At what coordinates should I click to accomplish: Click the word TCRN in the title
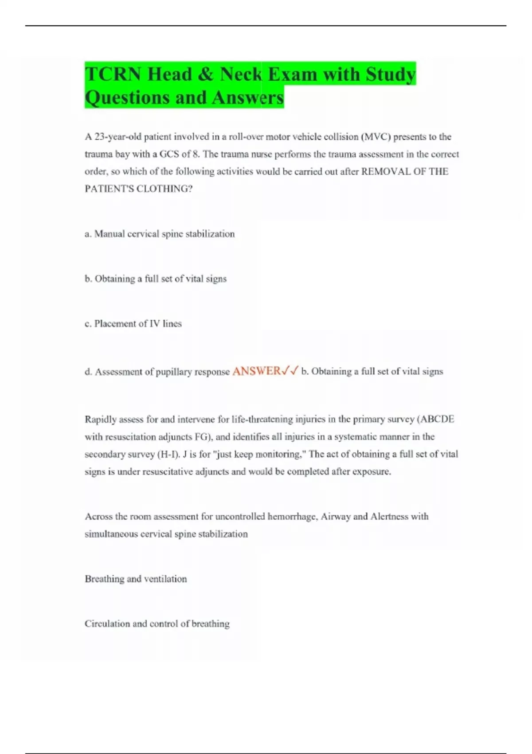point(113,74)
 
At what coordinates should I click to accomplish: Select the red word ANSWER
point(256,371)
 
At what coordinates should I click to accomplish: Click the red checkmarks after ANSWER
point(290,371)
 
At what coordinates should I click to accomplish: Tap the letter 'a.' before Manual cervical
point(88,234)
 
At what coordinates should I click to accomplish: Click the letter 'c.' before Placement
point(88,324)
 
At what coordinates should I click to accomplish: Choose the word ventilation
point(165,579)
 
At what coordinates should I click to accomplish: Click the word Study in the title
point(390,74)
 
